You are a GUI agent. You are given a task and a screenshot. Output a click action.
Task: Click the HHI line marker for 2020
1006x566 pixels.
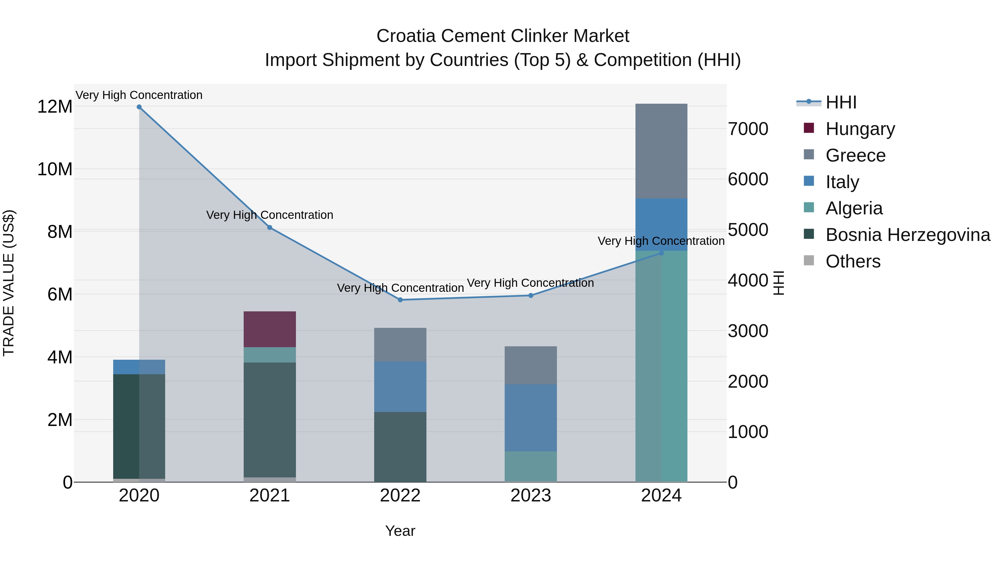point(139,107)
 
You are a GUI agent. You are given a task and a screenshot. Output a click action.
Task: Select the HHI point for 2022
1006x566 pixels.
point(400,300)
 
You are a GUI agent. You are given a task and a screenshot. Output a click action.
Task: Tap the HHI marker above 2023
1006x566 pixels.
point(531,296)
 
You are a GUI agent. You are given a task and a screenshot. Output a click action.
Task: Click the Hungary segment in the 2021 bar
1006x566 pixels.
point(269,329)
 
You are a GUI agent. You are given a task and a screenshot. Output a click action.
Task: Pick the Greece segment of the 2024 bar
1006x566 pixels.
point(661,151)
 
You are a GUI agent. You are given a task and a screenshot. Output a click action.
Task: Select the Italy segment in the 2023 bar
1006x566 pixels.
point(531,418)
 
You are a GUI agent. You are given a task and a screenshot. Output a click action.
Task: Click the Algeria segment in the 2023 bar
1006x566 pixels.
point(531,466)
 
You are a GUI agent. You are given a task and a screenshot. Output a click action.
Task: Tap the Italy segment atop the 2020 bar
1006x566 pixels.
point(139,367)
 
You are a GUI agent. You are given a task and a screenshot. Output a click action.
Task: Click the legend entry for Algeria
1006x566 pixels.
point(854,208)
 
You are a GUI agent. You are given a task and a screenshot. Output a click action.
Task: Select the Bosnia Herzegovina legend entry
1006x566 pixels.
point(908,235)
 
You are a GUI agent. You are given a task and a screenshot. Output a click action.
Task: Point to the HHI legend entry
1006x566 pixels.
point(841,102)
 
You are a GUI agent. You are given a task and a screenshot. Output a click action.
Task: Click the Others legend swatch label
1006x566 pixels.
point(853,261)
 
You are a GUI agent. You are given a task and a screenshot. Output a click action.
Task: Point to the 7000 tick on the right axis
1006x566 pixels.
point(748,129)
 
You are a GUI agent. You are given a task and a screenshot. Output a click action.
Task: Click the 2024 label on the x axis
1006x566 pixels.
point(661,496)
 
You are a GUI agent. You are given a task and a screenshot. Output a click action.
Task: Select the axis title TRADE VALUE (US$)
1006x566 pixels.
point(9,283)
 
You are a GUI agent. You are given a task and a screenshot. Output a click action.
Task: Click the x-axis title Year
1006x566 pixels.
point(400,531)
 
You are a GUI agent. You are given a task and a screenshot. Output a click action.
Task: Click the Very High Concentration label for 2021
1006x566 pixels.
point(269,215)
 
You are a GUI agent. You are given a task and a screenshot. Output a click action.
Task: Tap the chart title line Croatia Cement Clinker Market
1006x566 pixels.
point(503,36)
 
